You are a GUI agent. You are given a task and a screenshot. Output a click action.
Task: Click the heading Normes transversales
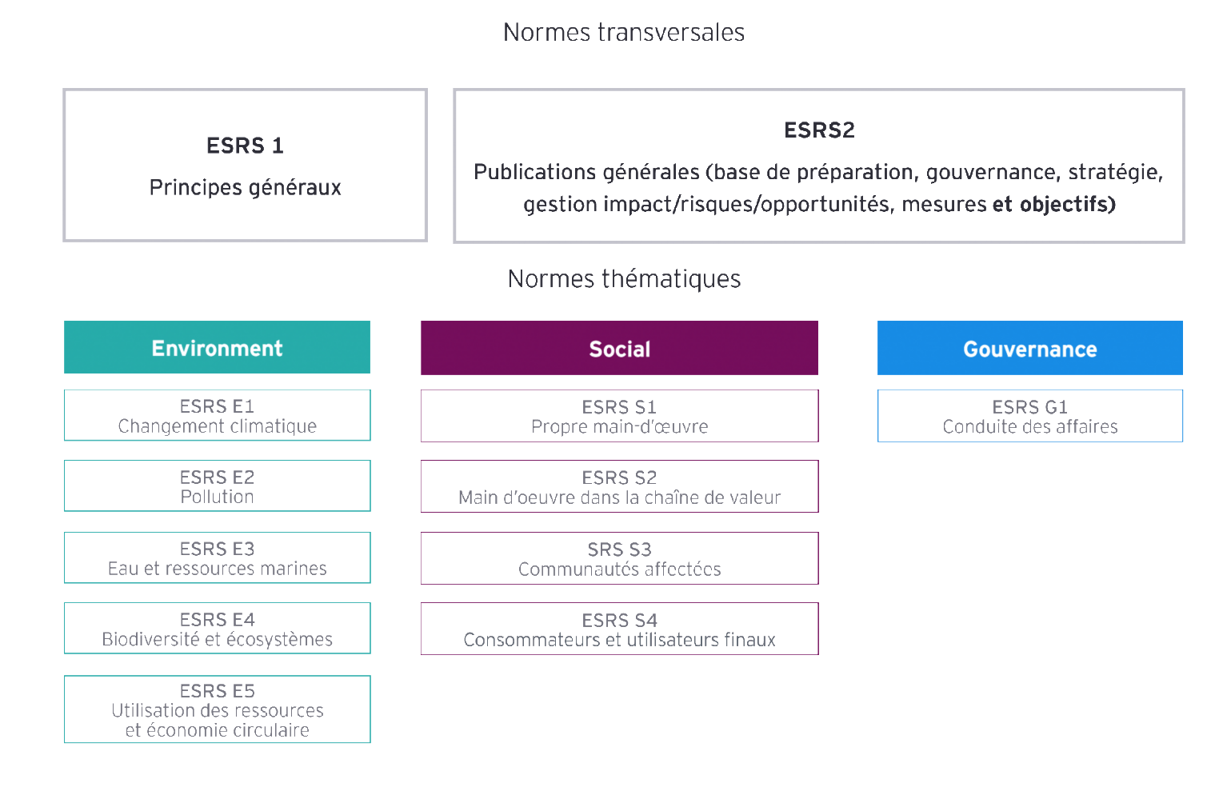point(624,32)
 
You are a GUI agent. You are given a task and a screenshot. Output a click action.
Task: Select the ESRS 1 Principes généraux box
point(245,166)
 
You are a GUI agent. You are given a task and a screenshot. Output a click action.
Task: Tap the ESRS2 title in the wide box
point(819,130)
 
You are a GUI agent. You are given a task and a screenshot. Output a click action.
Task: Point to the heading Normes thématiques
point(624,278)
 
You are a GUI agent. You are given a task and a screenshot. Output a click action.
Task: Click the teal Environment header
point(217,348)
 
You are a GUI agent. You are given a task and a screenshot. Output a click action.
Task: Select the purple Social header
point(619,349)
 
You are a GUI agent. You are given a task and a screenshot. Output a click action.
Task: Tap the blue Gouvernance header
point(1029,349)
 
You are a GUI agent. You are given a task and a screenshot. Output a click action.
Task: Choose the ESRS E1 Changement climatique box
point(217,416)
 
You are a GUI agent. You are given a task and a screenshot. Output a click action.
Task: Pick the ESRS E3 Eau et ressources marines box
point(217,558)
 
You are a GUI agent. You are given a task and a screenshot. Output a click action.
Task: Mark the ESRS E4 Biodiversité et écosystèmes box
point(217,629)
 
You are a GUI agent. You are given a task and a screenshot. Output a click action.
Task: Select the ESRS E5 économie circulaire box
point(217,710)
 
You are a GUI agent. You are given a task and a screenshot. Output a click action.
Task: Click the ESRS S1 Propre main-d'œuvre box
point(619,416)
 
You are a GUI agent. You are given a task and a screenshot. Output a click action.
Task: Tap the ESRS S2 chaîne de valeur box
point(619,486)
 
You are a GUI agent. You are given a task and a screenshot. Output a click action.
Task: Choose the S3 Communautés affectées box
point(619,558)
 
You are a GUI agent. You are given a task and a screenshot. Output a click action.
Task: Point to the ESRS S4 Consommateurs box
point(619,629)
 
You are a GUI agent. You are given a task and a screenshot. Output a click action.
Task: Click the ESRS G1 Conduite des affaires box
point(1029,416)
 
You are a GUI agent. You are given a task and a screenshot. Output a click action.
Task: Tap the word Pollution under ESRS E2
point(217,497)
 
